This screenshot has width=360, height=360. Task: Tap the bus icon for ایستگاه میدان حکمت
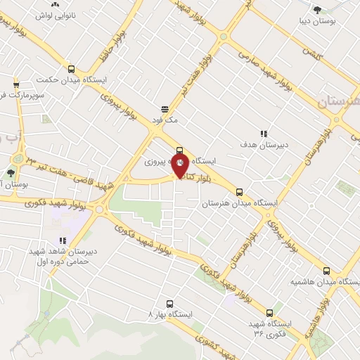pyautogui.click(x=71, y=69)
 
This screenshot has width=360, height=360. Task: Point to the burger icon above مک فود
pyautogui.click(x=165, y=109)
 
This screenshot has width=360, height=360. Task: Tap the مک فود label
pyautogui.click(x=165, y=120)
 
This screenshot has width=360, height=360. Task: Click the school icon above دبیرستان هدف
pyautogui.click(x=264, y=134)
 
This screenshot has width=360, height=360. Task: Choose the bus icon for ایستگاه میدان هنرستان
pyautogui.click(x=240, y=191)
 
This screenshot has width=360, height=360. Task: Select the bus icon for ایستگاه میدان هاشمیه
pyautogui.click(x=326, y=271)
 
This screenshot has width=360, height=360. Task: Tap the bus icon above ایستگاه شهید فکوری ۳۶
pyautogui.click(x=269, y=313)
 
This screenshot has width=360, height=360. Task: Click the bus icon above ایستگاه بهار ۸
pyautogui.click(x=169, y=304)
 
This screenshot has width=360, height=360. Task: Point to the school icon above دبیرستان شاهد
pyautogui.click(x=64, y=240)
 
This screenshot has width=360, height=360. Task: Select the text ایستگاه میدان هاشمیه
pyautogui.click(x=324, y=283)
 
